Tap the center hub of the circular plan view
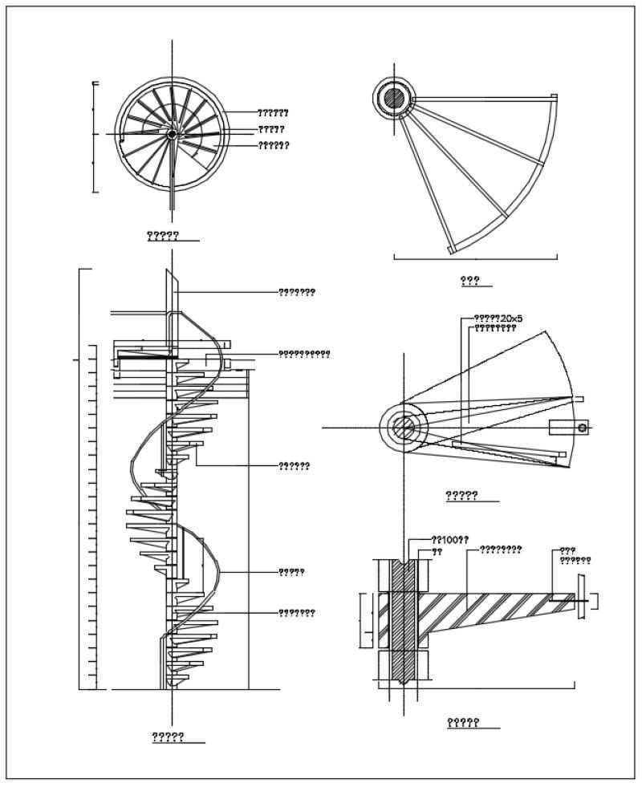click(172, 135)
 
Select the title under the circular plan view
click(163, 236)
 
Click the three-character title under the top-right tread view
click(469, 280)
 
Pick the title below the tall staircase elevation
click(169, 736)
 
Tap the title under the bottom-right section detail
click(463, 723)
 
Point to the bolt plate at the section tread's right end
click(579, 598)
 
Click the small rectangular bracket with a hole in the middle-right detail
click(568, 428)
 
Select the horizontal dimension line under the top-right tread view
click(475, 258)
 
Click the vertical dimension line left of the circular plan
click(95, 136)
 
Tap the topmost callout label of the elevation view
click(296, 292)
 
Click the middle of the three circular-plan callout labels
click(271, 129)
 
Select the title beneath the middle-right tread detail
click(461, 496)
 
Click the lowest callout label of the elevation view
click(296, 613)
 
